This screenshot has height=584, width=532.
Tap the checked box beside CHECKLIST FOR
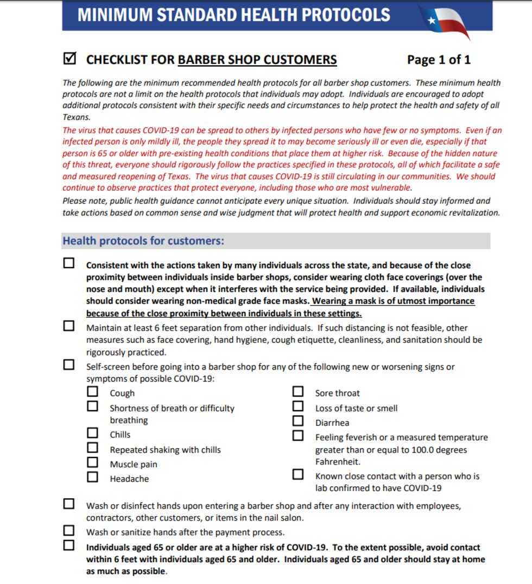click(x=69, y=58)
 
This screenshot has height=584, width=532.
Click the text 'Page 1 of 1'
click(x=439, y=60)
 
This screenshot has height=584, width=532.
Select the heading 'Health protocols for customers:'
click(x=143, y=241)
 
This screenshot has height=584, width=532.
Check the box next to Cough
click(x=93, y=392)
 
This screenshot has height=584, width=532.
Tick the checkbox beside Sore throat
click(x=298, y=392)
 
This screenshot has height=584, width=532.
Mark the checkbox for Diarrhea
click(x=298, y=421)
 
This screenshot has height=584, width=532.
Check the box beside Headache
click(x=93, y=478)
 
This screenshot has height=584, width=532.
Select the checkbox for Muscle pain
click(x=93, y=463)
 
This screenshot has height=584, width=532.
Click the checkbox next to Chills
click(x=93, y=434)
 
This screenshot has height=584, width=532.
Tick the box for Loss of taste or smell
click(x=298, y=406)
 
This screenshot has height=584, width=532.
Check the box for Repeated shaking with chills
click(x=93, y=448)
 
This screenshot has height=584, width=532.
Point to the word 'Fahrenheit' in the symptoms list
click(x=338, y=462)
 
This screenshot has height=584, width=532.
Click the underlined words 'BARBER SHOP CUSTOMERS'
click(x=257, y=60)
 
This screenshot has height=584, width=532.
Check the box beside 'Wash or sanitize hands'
click(x=69, y=531)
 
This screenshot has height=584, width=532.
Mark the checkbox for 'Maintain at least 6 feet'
click(x=69, y=326)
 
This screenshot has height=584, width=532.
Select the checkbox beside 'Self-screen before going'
click(x=69, y=365)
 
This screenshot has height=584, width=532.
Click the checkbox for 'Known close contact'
click(x=298, y=475)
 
